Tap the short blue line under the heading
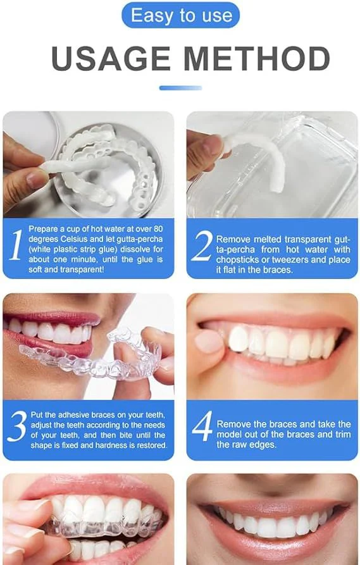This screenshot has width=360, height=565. [180, 88]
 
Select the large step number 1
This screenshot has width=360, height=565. [15, 247]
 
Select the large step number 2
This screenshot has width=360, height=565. [201, 247]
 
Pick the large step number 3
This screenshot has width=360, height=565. [15, 428]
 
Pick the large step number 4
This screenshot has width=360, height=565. [201, 428]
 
